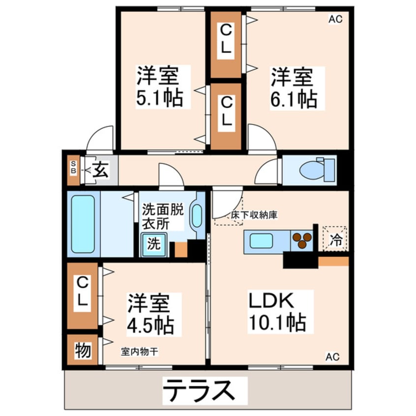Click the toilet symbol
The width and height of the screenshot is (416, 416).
coord(313,170)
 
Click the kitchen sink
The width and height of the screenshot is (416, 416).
coord(261,241)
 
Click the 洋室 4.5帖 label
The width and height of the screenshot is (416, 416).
coord(149,314)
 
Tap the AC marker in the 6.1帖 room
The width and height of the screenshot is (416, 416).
coord(335,20)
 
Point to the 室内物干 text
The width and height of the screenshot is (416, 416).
coord(139,352)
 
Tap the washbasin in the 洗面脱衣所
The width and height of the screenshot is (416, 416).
coord(196,216)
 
